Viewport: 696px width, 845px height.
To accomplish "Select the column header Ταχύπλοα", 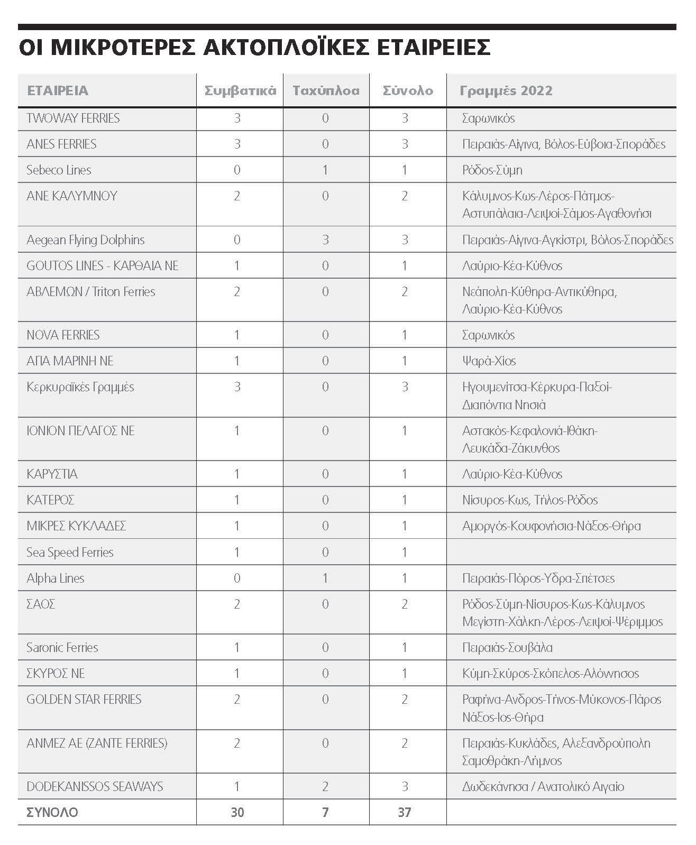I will [326, 90].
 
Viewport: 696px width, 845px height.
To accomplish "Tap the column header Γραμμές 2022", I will [506, 90].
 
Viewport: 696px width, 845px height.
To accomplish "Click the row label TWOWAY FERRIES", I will [73, 118].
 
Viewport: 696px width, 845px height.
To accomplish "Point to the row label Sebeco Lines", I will [59, 170].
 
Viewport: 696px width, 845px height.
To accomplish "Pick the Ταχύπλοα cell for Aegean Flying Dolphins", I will [325, 240].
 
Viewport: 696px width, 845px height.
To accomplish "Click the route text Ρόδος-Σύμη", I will [492, 170].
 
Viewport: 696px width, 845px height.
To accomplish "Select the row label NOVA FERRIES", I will [63, 335].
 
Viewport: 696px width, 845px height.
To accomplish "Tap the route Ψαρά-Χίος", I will [489, 361].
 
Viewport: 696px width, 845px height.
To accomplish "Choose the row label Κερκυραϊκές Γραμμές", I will [80, 387].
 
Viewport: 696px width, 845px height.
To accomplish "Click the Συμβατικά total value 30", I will [237, 812].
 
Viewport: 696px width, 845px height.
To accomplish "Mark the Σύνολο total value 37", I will [405, 812].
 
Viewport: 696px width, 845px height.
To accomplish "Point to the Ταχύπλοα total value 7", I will [325, 812].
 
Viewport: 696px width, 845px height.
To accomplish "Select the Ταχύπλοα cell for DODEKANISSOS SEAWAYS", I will [325, 786].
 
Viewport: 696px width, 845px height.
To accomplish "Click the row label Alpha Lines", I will [56, 578].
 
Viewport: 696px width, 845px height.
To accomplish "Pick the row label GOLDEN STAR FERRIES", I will [84, 699].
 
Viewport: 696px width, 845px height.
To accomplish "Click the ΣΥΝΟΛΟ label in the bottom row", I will [52, 812].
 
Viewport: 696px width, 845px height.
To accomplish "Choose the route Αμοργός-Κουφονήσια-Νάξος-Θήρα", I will [551, 526].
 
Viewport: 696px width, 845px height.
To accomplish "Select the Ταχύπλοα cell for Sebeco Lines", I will [325, 170].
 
